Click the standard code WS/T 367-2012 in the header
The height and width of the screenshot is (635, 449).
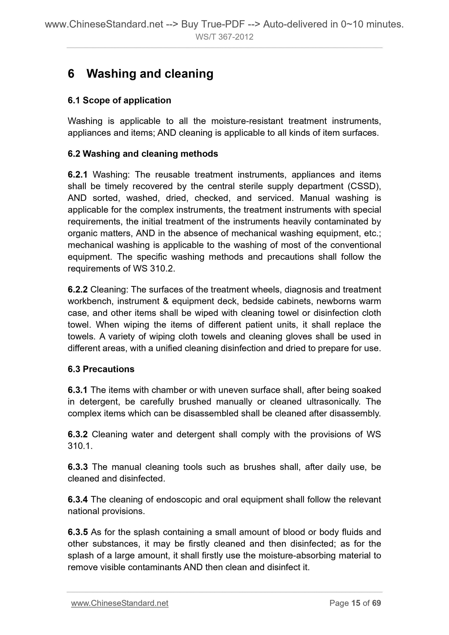(x=224, y=37)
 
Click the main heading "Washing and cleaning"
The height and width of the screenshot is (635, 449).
(x=150, y=74)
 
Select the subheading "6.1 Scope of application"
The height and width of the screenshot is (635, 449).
(x=119, y=100)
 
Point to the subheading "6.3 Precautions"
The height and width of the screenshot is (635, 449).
(x=101, y=369)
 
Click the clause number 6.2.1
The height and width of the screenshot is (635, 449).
(x=78, y=175)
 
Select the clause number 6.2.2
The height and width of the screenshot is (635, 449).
(x=78, y=289)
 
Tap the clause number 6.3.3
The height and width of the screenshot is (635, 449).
(x=78, y=467)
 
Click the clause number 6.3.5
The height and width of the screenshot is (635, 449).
(x=78, y=532)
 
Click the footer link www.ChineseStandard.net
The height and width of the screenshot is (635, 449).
(x=120, y=603)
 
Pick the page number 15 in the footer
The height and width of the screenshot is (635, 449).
(x=356, y=603)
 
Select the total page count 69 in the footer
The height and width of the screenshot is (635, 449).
(x=376, y=603)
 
